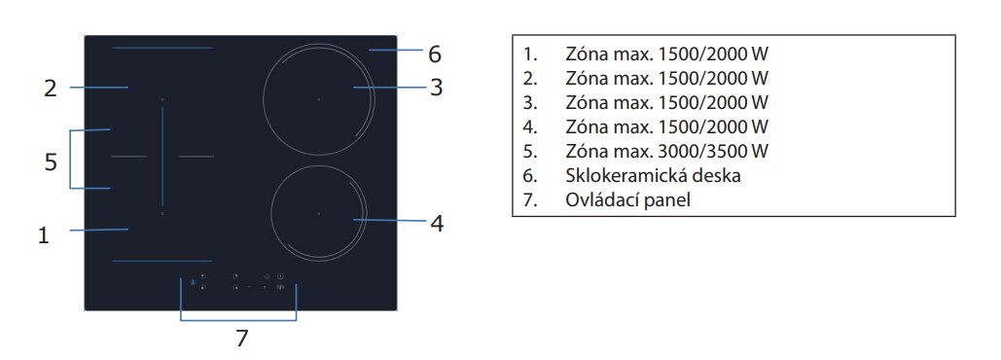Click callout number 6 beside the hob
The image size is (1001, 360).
pyautogui.click(x=435, y=52)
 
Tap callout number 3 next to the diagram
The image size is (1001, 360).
pyautogui.click(x=437, y=88)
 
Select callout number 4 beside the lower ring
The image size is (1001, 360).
pyautogui.click(x=437, y=223)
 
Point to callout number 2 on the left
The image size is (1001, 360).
pyautogui.click(x=51, y=89)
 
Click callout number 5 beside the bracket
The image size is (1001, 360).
pyautogui.click(x=51, y=162)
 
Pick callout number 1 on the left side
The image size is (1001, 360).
pyautogui.click(x=43, y=234)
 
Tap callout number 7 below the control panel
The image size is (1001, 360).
pyautogui.click(x=241, y=339)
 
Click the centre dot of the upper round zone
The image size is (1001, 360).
pyautogui.click(x=318, y=99)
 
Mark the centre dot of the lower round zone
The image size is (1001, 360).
pyautogui.click(x=318, y=212)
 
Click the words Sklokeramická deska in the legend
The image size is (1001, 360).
pyautogui.click(x=645, y=176)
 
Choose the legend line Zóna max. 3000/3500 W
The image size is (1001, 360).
pyautogui.click(x=666, y=151)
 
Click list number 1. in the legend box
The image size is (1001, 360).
pyautogui.click(x=530, y=52)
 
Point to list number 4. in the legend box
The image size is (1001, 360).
pyautogui.click(x=530, y=126)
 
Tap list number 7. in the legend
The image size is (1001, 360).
pyautogui.click(x=530, y=200)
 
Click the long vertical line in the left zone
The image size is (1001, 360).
pyautogui.click(x=162, y=156)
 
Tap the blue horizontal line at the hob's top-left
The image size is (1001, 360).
pyautogui.click(x=161, y=49)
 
